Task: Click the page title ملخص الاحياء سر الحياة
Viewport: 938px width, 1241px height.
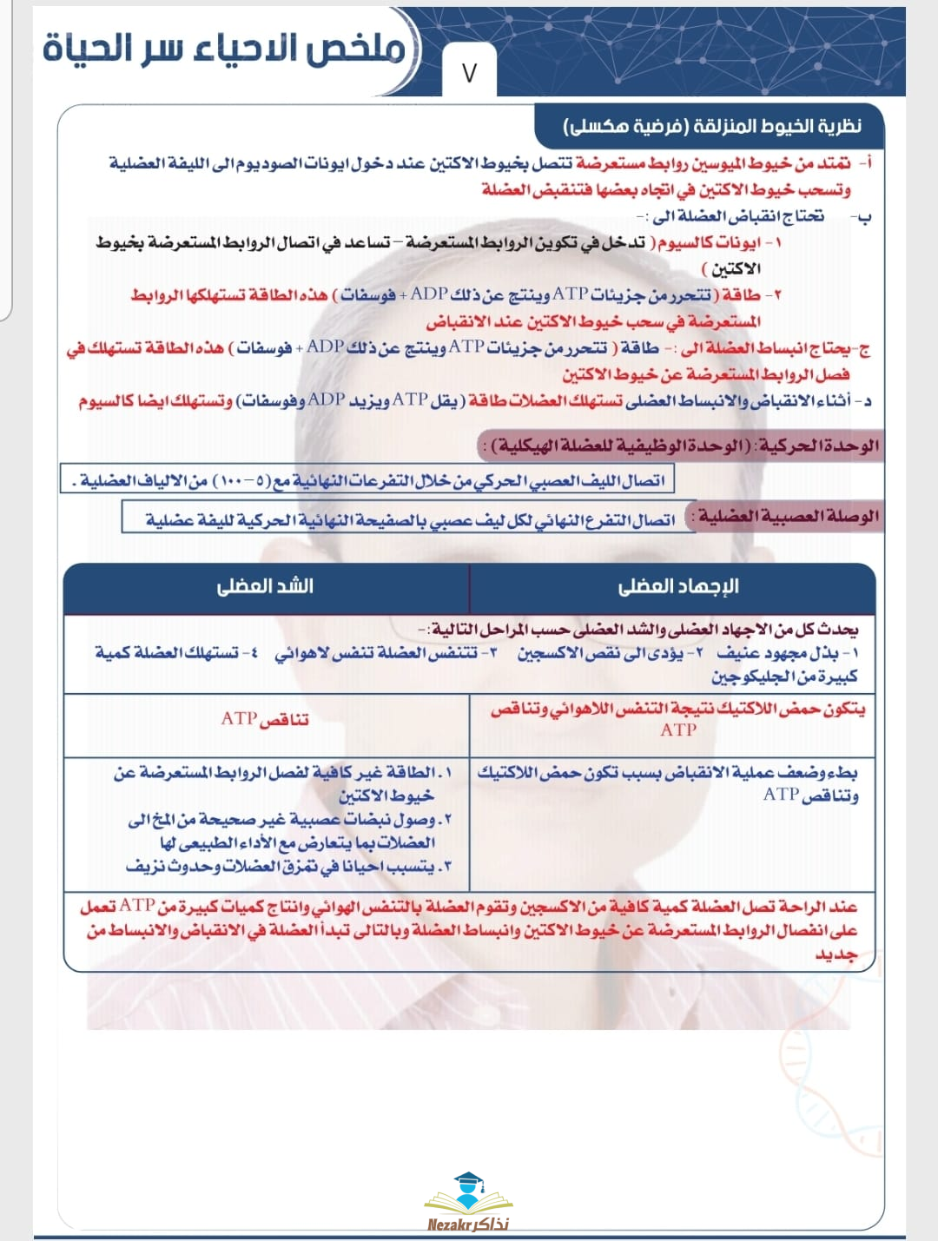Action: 224,49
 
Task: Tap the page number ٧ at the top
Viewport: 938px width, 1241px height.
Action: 470,73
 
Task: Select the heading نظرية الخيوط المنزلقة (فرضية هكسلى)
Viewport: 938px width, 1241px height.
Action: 712,127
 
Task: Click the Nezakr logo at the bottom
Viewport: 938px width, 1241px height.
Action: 468,1202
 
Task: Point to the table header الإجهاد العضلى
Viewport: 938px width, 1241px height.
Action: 677,586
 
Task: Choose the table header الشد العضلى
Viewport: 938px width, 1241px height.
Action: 265,586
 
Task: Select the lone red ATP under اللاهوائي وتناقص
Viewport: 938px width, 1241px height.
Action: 677,730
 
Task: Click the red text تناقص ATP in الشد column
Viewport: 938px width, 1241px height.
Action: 265,719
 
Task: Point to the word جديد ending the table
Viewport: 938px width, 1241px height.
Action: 836,954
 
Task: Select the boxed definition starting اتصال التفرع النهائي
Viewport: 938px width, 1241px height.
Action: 408,519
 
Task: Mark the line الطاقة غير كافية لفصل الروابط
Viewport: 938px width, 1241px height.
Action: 282,772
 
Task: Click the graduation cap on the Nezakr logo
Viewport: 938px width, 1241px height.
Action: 468,1180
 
